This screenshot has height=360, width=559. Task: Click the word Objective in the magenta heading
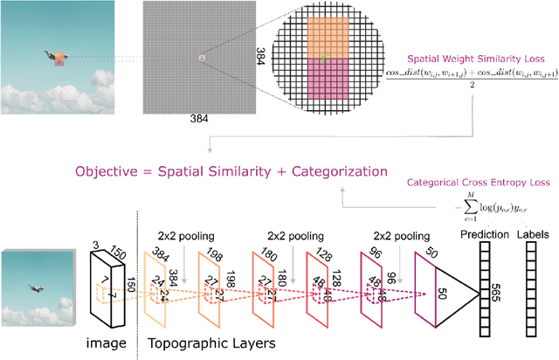click(x=116, y=170)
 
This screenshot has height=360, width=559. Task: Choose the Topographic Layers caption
click(x=209, y=343)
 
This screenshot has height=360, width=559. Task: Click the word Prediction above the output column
click(x=486, y=236)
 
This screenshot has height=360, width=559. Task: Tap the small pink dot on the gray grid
click(x=202, y=59)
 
